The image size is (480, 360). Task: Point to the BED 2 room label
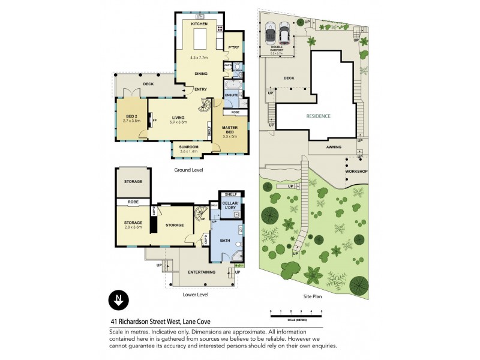coord(131,118)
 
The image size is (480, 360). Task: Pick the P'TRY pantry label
coord(233,49)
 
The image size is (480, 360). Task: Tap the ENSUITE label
coord(232,95)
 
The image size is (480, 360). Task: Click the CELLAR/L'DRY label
coord(230,208)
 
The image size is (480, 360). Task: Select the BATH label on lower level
coord(224,241)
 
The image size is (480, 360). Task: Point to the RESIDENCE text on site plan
coord(318,116)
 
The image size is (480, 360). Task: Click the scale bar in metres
coord(296,314)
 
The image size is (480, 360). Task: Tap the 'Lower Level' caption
coord(195,295)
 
